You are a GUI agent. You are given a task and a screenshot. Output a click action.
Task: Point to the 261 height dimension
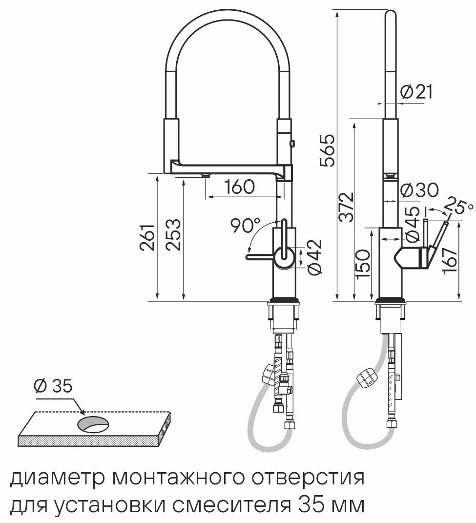147,237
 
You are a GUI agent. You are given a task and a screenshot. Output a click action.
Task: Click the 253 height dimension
174,234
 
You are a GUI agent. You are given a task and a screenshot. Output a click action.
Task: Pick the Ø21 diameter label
416,92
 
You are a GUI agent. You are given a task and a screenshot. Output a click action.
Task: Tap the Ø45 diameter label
412,224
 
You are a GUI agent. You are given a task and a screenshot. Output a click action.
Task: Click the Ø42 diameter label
315,257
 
